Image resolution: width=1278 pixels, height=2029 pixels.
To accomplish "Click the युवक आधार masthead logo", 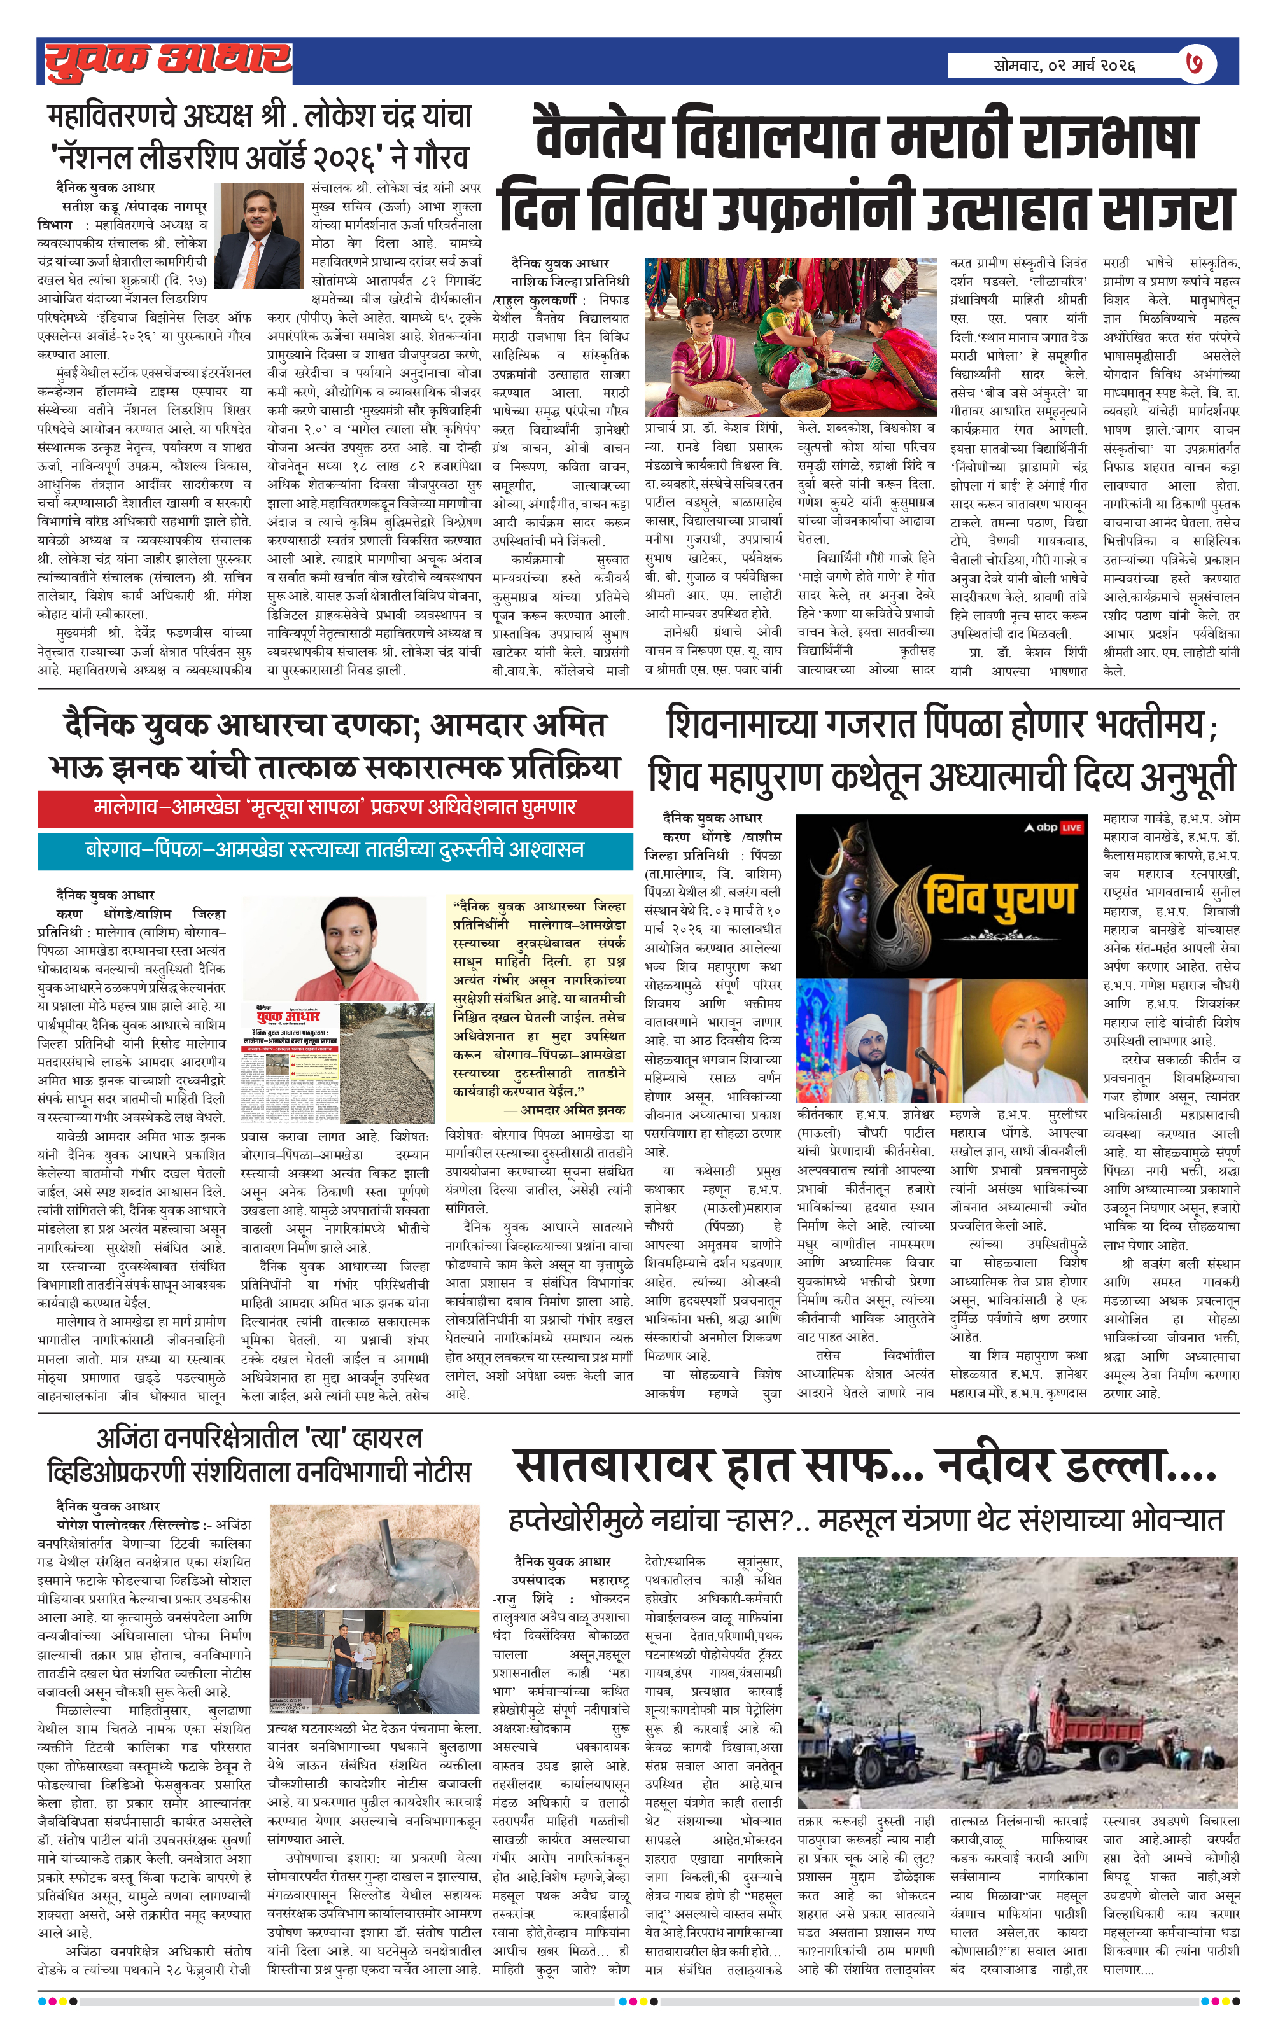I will (x=168, y=60).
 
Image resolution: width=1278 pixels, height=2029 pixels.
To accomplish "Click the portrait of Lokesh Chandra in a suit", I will (x=259, y=237).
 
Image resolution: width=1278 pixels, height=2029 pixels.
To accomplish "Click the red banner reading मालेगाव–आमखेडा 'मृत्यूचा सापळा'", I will (x=335, y=808).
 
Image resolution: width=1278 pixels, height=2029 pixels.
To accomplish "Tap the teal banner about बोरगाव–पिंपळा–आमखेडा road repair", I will (x=335, y=849).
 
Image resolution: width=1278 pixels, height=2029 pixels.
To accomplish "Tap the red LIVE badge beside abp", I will (x=1071, y=827).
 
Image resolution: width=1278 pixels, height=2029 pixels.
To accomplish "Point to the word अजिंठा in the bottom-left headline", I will (x=135, y=1437).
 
